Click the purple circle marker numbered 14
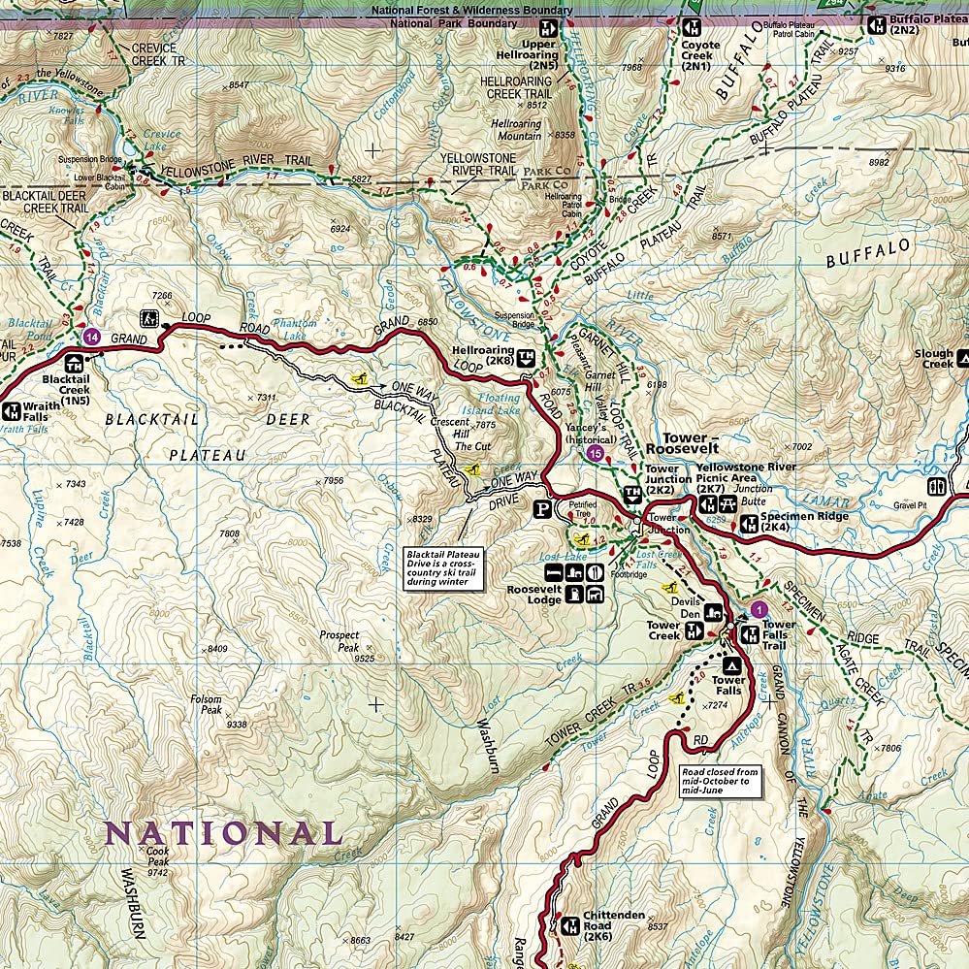[91, 337]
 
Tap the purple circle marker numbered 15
[596, 453]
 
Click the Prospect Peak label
[339, 641]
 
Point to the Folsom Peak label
[207, 704]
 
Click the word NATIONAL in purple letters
[223, 833]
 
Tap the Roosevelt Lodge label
[533, 594]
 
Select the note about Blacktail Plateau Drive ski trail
[446, 567]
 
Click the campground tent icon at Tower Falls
[729, 665]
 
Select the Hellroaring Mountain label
[516, 130]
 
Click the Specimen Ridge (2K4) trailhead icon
[749, 524]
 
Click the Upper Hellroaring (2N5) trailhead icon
[548, 27]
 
